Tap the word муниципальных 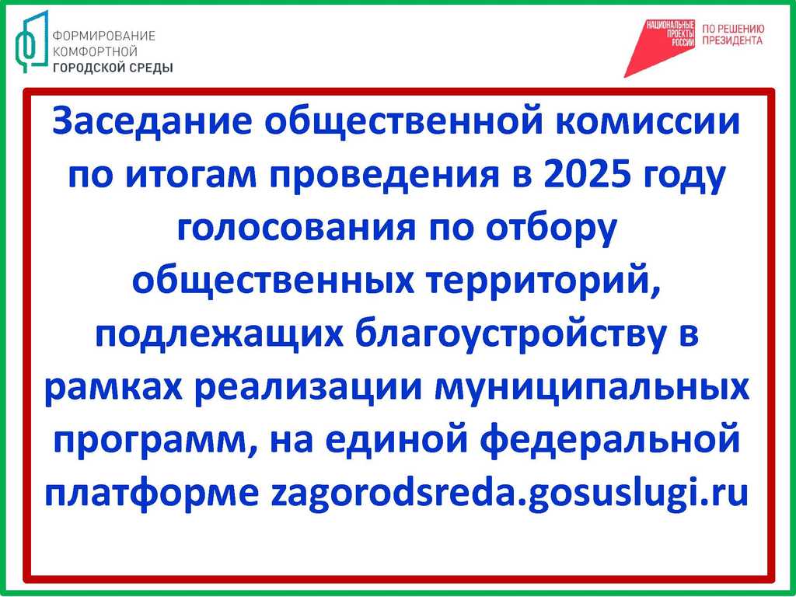pyautogui.click(x=592, y=389)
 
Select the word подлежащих pyautogui.click(x=219, y=337)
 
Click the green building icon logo pyautogui.click(x=31, y=42)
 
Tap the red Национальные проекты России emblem pyautogui.click(x=659, y=48)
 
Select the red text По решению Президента pyautogui.click(x=732, y=35)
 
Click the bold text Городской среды pyautogui.click(x=113, y=68)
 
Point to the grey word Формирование pyautogui.click(x=103, y=36)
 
